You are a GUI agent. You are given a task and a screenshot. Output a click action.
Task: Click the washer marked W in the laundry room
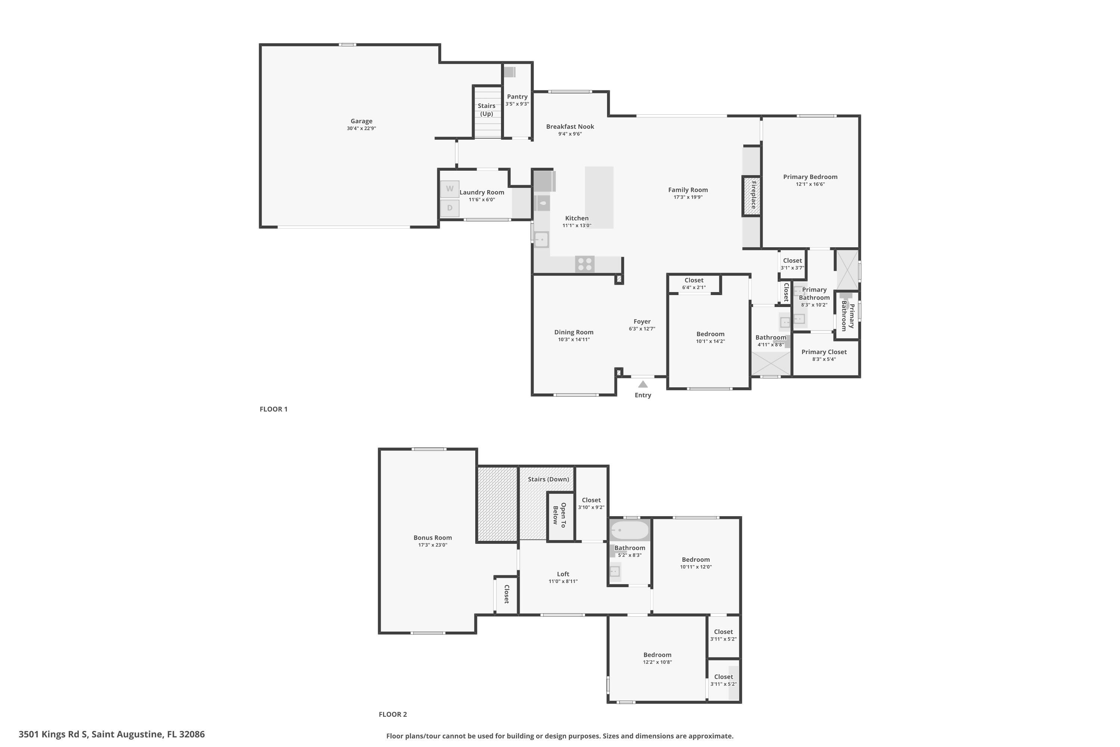pos(449,189)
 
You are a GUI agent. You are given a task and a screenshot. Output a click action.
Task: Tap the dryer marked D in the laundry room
pos(449,208)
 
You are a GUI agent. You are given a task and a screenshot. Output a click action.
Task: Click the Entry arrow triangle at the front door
pos(643,384)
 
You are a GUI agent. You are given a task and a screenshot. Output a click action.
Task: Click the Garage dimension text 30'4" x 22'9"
pos(361,128)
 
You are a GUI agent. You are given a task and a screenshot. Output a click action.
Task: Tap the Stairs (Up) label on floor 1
pos(487,109)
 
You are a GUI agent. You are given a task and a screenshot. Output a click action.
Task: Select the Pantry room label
pos(517,97)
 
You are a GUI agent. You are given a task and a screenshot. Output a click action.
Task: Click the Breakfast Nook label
pos(570,126)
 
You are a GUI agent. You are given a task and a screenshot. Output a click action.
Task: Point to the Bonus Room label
pos(432,537)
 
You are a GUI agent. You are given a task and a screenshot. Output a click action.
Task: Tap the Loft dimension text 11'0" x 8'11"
pos(563,581)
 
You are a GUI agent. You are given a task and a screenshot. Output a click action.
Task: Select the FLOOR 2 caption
pos(393,714)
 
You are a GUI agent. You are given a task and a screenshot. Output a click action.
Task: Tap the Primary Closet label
pos(824,352)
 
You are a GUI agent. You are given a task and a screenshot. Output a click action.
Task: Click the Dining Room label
pos(574,332)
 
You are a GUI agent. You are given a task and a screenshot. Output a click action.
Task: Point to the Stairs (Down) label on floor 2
pos(548,479)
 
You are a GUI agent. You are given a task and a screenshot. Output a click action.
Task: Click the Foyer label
pos(642,322)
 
